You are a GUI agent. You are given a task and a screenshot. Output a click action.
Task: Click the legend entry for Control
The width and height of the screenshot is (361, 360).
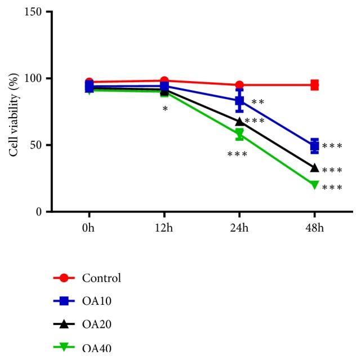[x=101, y=278]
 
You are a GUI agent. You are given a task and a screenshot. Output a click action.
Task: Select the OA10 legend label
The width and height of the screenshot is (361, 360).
[x=96, y=301]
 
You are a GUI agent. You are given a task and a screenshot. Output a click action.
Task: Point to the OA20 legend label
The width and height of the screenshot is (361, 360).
[x=96, y=324]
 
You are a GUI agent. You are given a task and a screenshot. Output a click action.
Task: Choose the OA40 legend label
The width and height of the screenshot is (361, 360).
[x=96, y=348]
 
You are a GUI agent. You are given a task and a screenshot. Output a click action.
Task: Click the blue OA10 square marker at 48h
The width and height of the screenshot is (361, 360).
[x=314, y=146]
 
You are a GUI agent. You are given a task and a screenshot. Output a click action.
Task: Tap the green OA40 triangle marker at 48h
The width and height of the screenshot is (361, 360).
[x=314, y=185]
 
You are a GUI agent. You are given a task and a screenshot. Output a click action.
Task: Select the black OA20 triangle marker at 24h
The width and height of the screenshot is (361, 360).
[x=239, y=121]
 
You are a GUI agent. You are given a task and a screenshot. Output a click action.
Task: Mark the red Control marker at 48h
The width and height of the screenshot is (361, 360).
[x=314, y=85]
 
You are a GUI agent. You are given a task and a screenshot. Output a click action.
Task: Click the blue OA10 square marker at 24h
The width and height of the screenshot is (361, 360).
[x=239, y=101]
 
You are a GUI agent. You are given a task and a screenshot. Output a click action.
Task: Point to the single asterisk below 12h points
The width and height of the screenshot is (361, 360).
[x=165, y=109]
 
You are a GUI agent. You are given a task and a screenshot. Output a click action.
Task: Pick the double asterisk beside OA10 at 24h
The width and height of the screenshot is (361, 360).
[x=258, y=103]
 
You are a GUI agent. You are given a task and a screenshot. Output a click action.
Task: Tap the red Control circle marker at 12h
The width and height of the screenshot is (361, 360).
[x=164, y=81]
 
